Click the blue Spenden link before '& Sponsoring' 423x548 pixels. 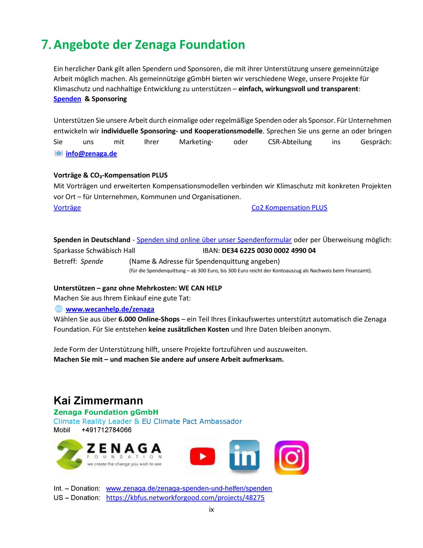(x=67, y=99)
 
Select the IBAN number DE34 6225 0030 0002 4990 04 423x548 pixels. (x=269, y=250)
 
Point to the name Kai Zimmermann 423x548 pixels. (x=98, y=401)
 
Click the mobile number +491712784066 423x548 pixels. (x=106, y=430)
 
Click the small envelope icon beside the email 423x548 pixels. (x=59, y=153)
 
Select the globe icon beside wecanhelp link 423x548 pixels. (x=59, y=309)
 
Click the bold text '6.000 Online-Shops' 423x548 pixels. (x=149, y=319)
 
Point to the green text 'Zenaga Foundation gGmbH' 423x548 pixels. (x=106, y=412)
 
